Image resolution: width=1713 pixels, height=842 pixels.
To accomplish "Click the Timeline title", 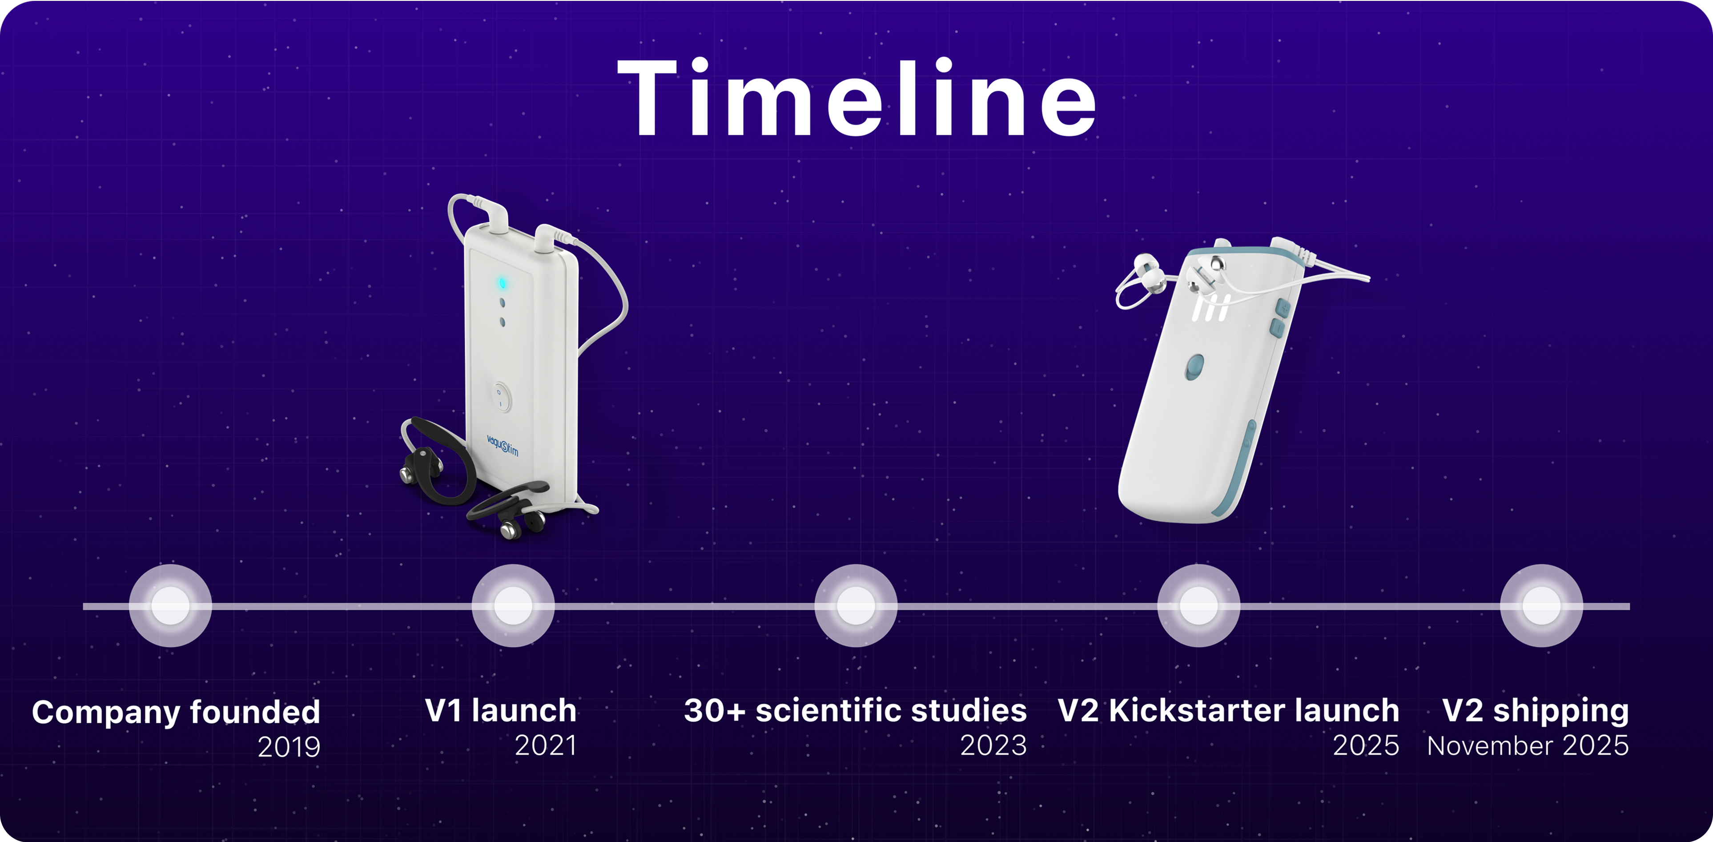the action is tap(856, 98).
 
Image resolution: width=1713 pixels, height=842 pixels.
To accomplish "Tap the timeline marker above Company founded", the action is tap(170, 606).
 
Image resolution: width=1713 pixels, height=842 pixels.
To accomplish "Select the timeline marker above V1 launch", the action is tap(513, 606).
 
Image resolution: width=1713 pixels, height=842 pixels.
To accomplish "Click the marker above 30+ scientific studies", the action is tap(856, 606).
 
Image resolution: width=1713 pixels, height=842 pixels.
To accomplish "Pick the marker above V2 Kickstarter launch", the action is tap(1198, 606).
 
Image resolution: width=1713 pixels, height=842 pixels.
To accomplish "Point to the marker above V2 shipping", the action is tap(1541, 606).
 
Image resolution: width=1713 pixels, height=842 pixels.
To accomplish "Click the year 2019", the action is tap(289, 747).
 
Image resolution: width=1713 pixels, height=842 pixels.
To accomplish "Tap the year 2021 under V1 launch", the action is tap(545, 745).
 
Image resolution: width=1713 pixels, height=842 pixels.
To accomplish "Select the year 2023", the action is tap(993, 745).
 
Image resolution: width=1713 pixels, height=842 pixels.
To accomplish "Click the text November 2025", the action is tap(1528, 745).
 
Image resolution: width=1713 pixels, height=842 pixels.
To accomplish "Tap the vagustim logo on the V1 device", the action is tap(502, 445).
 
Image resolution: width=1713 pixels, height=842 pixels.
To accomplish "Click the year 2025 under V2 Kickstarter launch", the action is tap(1366, 745).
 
